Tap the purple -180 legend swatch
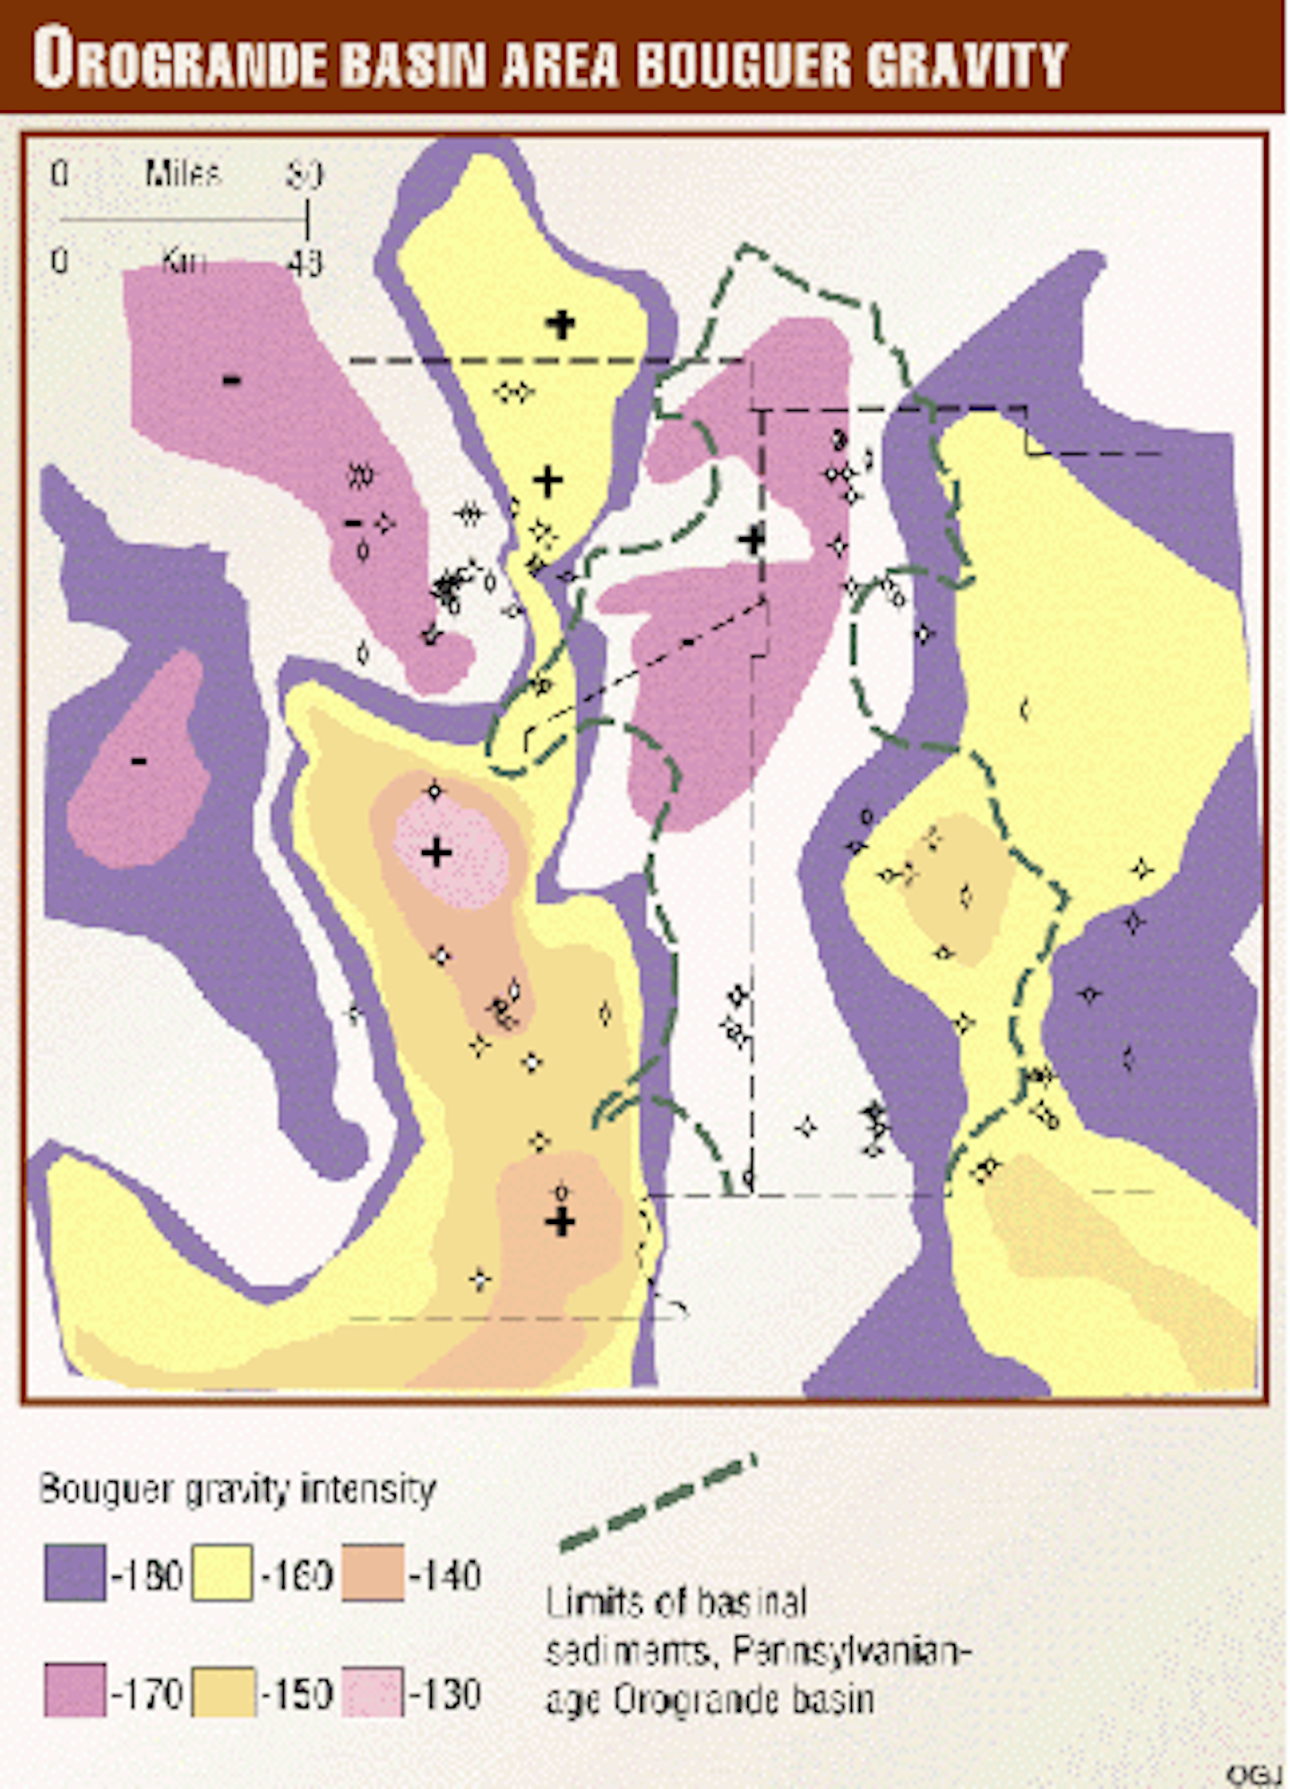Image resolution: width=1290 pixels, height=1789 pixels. coord(75,1573)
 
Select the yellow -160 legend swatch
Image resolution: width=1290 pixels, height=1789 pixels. coord(221,1573)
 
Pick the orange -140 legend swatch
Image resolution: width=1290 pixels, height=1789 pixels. coord(373,1573)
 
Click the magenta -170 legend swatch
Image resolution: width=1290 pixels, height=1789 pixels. coord(75,1691)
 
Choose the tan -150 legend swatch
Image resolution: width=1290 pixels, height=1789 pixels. coord(221,1691)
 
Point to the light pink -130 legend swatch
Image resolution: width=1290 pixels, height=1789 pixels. coord(373,1691)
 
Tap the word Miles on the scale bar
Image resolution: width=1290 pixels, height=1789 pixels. coord(182,173)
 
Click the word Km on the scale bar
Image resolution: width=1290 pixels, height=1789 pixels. coord(184,261)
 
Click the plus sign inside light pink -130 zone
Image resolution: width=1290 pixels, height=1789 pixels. coord(436,852)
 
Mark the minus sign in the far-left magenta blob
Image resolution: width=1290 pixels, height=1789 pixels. coord(139,761)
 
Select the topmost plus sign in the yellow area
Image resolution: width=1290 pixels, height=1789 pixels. coord(561,323)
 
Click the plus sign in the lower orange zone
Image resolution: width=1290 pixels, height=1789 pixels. coord(561,1221)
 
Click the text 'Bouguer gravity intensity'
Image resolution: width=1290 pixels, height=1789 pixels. coord(237,1488)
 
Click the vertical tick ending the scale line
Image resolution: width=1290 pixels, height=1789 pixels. coord(307,218)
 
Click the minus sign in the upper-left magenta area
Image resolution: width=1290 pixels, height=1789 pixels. coord(231,381)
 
